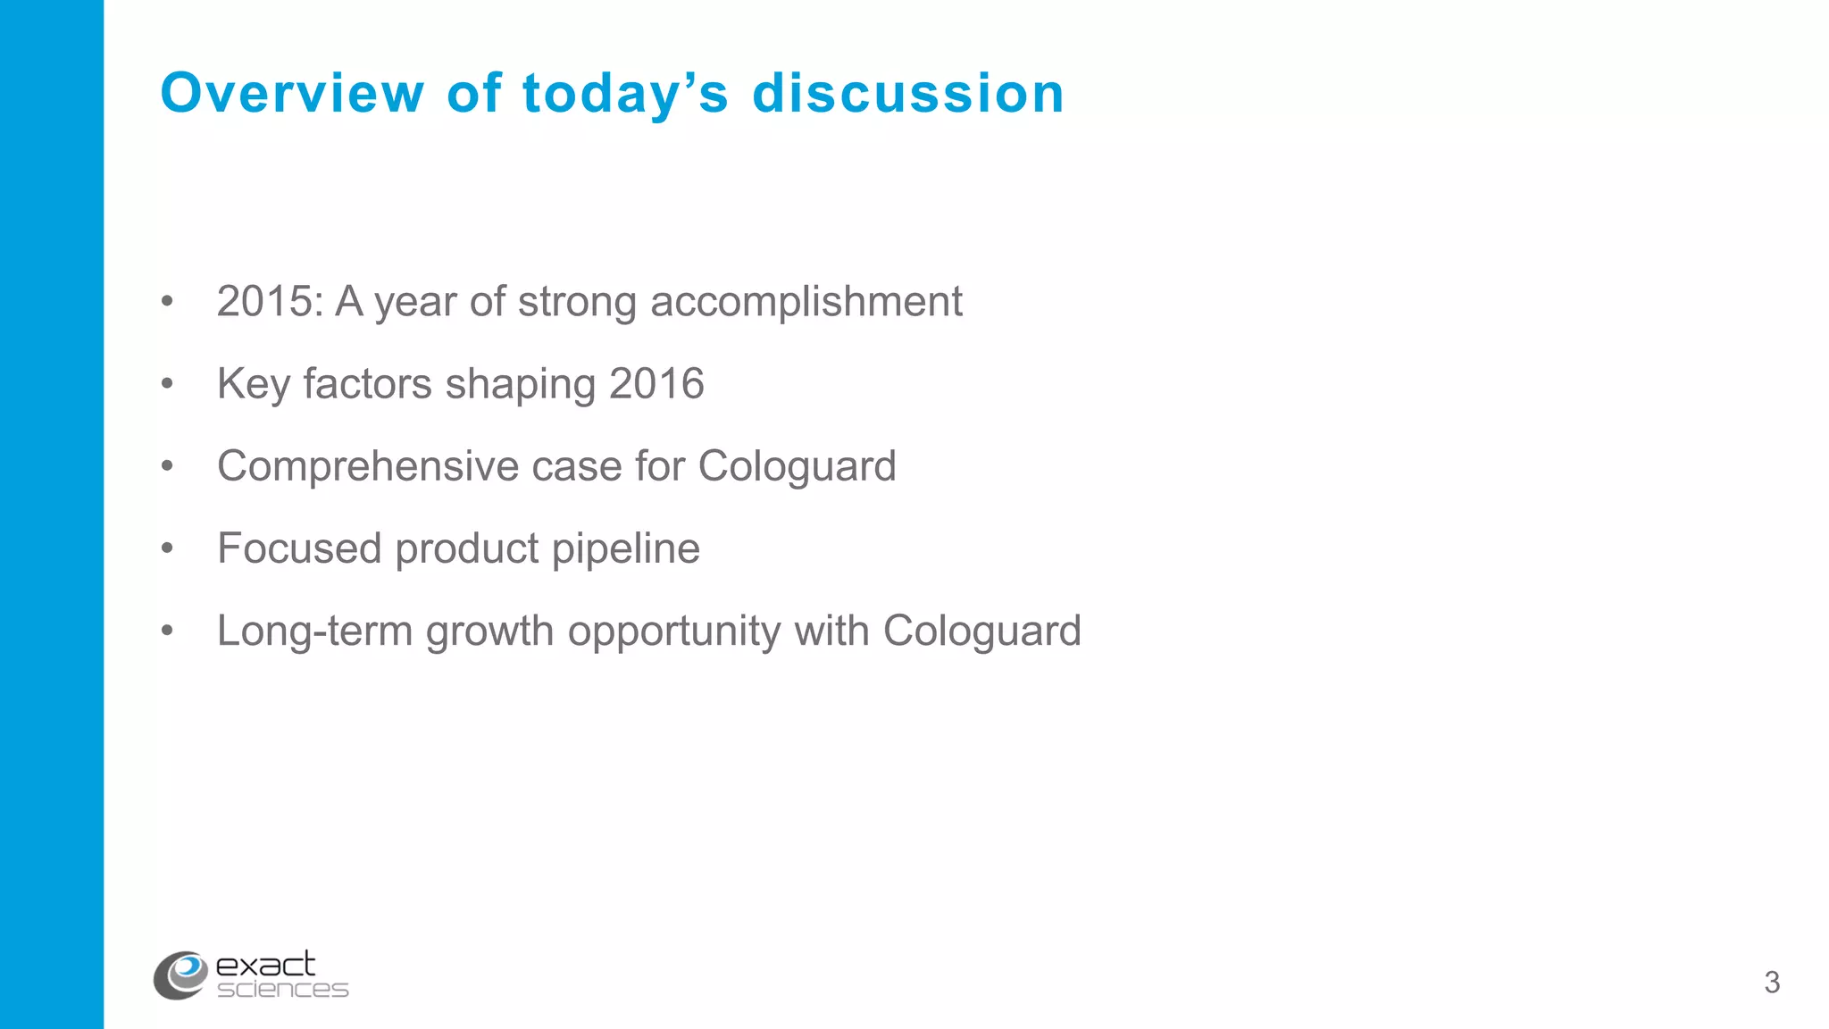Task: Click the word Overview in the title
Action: (292, 93)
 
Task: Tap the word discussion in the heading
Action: (908, 93)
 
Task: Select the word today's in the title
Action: (625, 95)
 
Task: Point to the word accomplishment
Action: (806, 302)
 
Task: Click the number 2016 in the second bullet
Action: (656, 384)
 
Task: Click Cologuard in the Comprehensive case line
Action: (797, 466)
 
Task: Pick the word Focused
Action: (299, 548)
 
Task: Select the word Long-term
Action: (315, 631)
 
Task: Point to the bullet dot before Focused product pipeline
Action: (167, 548)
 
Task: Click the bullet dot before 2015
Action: (167, 301)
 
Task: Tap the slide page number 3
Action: (1772, 983)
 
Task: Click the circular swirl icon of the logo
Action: (181, 975)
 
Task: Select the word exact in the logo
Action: (265, 965)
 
